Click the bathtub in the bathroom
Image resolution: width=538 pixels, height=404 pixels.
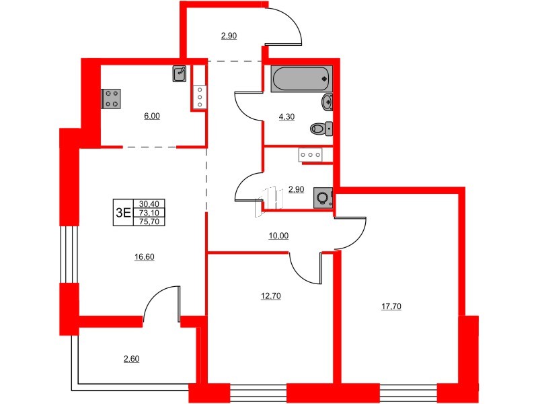(301, 79)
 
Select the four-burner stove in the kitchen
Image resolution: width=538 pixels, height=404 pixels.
(111, 99)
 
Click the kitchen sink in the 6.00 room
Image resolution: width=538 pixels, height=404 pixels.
(180, 73)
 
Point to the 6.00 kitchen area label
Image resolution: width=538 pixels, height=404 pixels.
(152, 116)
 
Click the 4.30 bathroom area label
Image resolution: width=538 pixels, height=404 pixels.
(287, 115)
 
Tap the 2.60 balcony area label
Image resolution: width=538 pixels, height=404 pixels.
(132, 359)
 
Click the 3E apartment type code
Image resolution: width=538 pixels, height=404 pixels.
(123, 212)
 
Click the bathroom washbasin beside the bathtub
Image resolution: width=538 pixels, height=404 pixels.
(328, 102)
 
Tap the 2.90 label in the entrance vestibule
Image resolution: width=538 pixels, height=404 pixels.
(229, 36)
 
